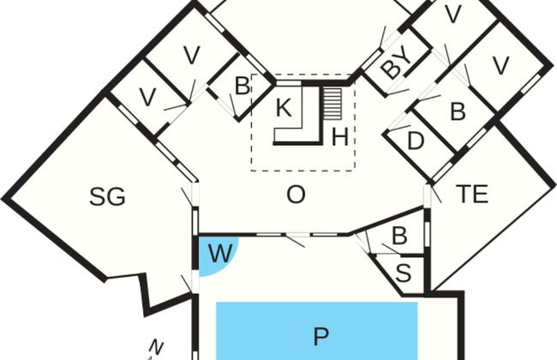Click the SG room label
tap(107, 197)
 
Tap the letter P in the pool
tap(320, 337)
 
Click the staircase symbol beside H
tap(332, 104)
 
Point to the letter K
tap(284, 108)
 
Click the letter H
tap(339, 137)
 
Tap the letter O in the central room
tap(296, 195)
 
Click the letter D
tap(416, 141)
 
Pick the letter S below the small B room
tap(404, 273)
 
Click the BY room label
tap(397, 64)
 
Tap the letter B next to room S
tap(399, 235)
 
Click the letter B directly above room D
tap(458, 111)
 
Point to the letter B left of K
tap(242, 86)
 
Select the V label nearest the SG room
tap(147, 97)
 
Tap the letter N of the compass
tap(156, 346)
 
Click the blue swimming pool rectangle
tap(317, 331)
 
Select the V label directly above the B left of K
tap(192, 56)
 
